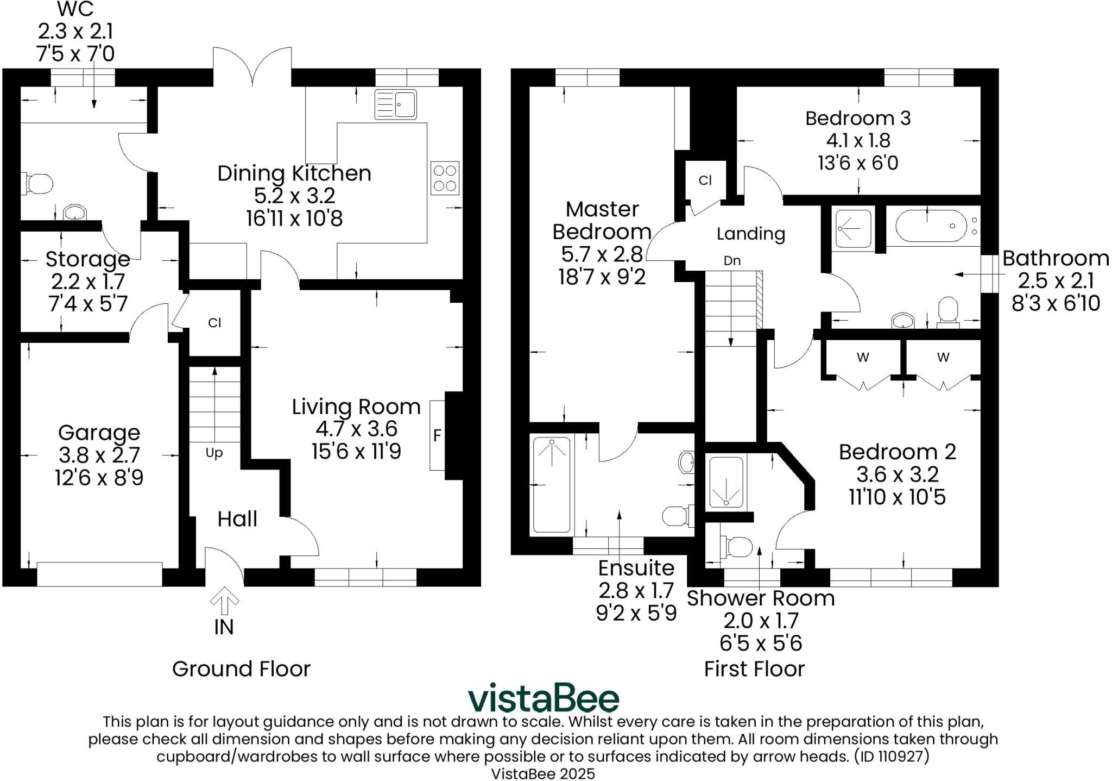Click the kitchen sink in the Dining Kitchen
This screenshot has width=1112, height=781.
395,104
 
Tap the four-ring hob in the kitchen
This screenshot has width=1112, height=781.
445,178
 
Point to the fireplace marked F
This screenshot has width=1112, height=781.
437,435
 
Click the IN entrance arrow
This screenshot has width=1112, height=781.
224,603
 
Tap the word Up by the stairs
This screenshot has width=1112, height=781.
214,453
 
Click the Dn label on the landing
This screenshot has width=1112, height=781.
732,260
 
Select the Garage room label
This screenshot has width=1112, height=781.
99,433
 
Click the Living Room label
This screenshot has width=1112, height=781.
356,407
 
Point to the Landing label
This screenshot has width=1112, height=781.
751,234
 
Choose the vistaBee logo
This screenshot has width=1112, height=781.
543,698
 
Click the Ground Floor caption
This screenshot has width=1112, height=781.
241,668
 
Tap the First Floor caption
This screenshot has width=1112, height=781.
754,668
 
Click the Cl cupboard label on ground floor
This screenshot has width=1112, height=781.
214,323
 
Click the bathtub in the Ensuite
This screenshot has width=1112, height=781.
552,484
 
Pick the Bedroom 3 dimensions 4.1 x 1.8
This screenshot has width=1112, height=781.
858,140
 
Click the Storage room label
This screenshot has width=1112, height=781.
87,259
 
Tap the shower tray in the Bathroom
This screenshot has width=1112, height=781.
853,229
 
